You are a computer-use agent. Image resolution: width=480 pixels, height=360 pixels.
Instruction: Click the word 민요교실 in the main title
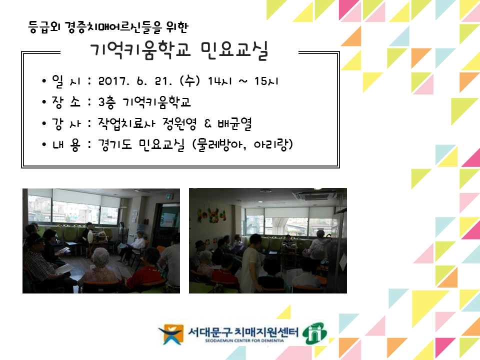tap(234, 50)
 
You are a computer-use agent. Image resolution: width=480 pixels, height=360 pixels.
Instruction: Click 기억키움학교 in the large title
tap(140, 50)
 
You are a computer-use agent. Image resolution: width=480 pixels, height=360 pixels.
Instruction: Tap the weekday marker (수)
tap(190, 81)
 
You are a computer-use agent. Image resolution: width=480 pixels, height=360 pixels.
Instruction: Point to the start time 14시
tap(220, 81)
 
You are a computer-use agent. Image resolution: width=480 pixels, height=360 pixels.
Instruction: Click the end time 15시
tap(266, 81)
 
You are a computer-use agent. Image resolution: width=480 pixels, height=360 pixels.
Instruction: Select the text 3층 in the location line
tap(107, 102)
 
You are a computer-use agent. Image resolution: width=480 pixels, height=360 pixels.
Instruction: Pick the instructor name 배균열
tap(235, 123)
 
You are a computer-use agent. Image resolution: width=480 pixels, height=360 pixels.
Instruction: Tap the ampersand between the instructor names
tap(207, 123)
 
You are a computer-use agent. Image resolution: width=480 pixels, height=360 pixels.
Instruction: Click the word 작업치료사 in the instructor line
tap(126, 123)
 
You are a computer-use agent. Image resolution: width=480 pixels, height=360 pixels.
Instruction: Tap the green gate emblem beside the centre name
tap(314, 333)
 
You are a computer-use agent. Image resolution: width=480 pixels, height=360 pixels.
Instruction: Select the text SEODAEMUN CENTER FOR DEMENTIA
tap(244, 340)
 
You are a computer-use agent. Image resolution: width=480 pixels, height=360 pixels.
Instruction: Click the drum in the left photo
tap(90, 236)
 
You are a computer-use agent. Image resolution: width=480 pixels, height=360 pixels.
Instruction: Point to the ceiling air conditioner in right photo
tap(314, 194)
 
